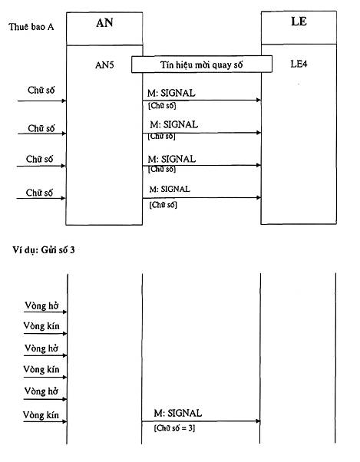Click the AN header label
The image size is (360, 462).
point(104,23)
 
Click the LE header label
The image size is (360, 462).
point(299,21)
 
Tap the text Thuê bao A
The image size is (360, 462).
point(31,27)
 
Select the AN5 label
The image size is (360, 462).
point(104,64)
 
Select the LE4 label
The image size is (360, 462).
point(299,64)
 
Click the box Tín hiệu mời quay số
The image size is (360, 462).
point(202,64)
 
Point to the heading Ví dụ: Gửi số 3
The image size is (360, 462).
point(44,250)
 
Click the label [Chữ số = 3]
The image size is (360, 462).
point(174,427)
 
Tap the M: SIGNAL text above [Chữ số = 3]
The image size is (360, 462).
point(177,413)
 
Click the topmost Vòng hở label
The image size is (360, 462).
point(41,305)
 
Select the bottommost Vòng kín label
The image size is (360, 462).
point(41,415)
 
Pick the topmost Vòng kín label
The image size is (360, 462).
point(41,326)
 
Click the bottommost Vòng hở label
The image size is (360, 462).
point(41,391)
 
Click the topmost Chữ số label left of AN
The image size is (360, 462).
point(41,90)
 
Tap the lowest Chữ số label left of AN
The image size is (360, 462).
point(39,193)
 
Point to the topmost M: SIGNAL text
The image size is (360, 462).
point(171,93)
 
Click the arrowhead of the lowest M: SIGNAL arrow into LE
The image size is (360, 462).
point(259,197)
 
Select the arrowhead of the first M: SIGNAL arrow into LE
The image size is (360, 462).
point(259,100)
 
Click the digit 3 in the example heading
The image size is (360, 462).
point(72,250)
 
